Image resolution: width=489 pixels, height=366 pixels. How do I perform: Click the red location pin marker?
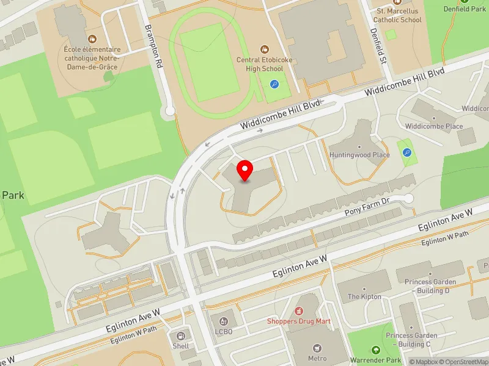pos(245,171)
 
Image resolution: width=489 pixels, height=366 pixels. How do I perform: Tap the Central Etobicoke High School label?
pos(264,64)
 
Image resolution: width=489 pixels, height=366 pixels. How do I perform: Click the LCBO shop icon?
pos(224,321)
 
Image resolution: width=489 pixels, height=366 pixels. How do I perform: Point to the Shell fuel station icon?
pos(181,335)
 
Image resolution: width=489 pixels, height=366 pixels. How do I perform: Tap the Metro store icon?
pos(317,348)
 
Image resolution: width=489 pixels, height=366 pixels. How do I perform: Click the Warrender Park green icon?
pos(376,350)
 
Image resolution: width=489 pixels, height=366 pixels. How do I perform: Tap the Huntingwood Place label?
pos(359,155)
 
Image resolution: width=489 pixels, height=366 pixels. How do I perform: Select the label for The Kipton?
pos(364,296)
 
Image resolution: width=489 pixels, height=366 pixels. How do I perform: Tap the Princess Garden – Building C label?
pos(411,340)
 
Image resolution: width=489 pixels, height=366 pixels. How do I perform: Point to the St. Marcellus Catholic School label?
pos(399,15)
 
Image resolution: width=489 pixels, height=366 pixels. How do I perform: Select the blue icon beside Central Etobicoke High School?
pos(274,85)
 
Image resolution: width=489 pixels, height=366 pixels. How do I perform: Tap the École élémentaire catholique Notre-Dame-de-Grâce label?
pos(92,57)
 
